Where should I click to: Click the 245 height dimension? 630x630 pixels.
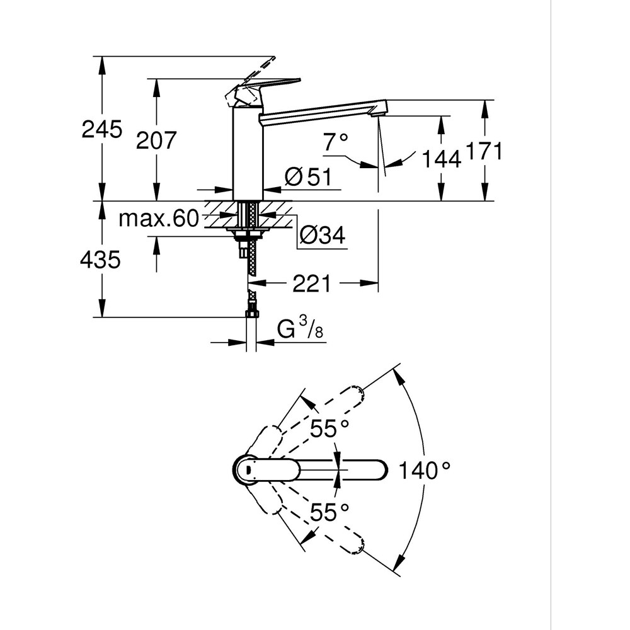coord(101,130)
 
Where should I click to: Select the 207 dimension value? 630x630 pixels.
coord(157,140)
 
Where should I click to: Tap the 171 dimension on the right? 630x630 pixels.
coord(483,152)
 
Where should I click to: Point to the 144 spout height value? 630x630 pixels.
coord(441,159)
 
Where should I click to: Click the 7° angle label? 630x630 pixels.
coord(335,143)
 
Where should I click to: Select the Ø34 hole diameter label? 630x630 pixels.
coord(322,236)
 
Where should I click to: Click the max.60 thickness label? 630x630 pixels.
coord(159,219)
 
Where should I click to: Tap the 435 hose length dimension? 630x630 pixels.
coord(100,259)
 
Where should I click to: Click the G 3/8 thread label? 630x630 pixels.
coord(301,329)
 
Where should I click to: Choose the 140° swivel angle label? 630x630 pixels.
coord(425,470)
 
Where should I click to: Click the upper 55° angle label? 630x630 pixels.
coord(329,430)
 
